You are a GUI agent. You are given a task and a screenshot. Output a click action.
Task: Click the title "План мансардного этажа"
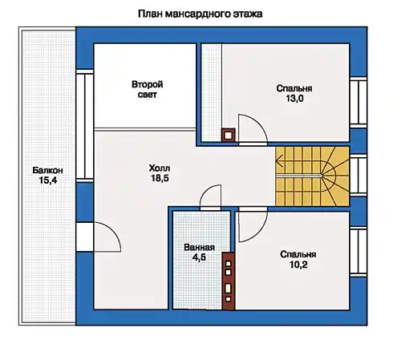(x=200, y=14)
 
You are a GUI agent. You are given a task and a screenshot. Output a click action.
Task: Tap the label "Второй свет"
(x=148, y=89)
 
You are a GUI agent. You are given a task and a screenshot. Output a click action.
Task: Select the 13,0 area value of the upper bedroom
(x=294, y=99)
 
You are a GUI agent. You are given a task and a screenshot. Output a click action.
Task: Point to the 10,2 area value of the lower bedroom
(x=298, y=265)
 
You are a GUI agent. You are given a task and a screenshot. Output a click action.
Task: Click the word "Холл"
(x=160, y=168)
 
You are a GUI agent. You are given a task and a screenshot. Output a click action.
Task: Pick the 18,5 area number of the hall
(x=160, y=178)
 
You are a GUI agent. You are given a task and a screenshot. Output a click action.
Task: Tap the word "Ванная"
(x=200, y=247)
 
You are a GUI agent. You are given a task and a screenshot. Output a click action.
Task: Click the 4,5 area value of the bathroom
(x=199, y=257)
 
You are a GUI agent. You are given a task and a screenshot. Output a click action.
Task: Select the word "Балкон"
(x=48, y=170)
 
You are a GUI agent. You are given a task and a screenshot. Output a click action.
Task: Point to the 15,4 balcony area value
(x=48, y=180)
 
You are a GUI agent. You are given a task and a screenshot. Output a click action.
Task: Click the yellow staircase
(x=312, y=176)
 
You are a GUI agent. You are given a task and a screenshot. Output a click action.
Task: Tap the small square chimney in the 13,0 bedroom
(x=228, y=136)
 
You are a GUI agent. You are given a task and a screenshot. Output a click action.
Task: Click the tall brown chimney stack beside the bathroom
(x=229, y=281)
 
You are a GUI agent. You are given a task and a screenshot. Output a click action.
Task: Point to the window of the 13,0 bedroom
(x=358, y=103)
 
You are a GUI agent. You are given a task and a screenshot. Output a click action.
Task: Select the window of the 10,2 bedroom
(x=358, y=252)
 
